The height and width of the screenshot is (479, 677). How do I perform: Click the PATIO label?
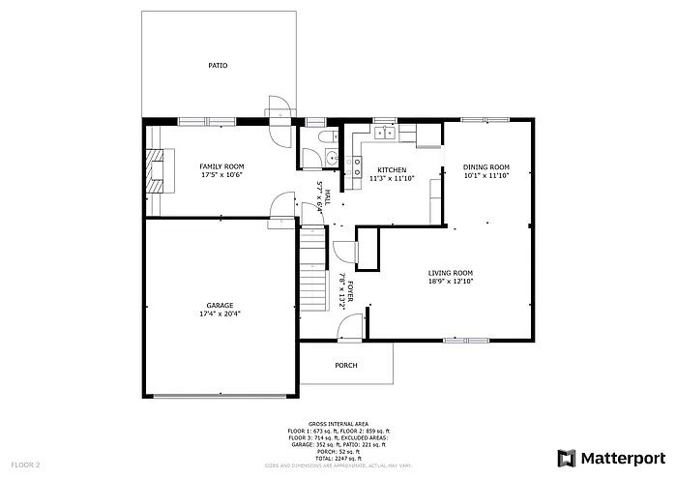pos(218,66)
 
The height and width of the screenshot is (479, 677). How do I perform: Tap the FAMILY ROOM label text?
pos(221,166)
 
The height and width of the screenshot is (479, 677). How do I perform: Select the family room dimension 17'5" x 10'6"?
pos(221,175)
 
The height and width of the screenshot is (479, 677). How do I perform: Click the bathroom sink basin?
pos(330,159)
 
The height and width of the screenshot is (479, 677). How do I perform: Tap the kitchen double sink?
pos(385,132)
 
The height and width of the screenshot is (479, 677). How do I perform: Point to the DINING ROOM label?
pos(485,166)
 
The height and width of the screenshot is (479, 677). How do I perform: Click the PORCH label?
pos(345,365)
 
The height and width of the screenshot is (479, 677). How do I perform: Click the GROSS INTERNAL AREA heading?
pos(338,424)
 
